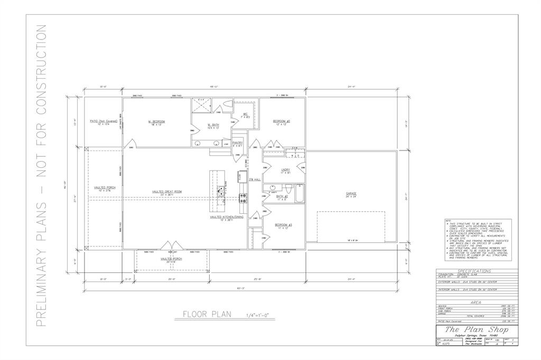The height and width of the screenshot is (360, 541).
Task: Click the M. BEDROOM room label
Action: [156, 121]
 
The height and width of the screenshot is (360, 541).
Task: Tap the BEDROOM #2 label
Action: [281, 121]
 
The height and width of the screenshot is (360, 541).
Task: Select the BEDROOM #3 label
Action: [283, 225]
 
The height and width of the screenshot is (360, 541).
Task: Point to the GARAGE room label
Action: [351, 194]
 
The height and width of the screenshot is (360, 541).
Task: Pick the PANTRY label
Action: [237, 142]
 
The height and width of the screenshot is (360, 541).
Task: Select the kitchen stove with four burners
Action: [244, 198]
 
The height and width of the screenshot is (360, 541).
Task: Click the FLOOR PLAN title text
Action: [207, 315]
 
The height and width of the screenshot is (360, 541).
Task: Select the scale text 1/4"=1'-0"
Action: [257, 316]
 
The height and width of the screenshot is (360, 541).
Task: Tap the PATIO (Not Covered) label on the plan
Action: [103, 121]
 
